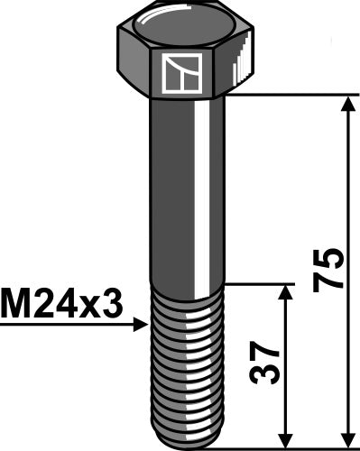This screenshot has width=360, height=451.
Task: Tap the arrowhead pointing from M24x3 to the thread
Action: tap(140, 324)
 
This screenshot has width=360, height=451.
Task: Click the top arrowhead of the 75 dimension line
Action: tap(346, 102)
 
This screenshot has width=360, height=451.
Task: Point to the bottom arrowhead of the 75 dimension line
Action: tap(346, 431)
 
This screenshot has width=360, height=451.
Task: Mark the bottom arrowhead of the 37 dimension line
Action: tap(286, 431)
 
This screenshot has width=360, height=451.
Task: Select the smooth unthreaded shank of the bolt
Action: tap(186, 189)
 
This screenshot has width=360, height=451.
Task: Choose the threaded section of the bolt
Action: tap(186, 361)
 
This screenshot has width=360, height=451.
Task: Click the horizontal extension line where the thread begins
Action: tap(262, 284)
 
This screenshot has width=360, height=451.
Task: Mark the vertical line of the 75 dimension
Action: tap(346, 180)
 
